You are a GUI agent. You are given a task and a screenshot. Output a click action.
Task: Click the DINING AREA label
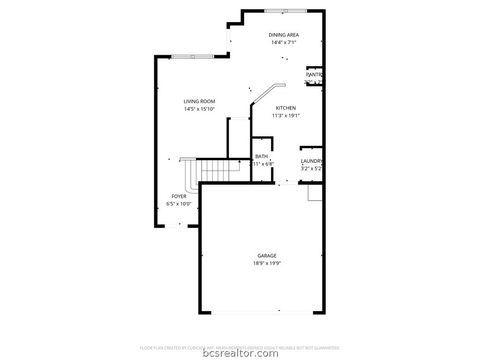point(285,35)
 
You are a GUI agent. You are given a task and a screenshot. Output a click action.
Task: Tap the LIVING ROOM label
point(199,101)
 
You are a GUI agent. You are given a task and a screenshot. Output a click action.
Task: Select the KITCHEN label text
point(285,108)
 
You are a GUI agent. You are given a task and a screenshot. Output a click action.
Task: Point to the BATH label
point(261,156)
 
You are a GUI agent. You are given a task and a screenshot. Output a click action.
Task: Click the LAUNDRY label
point(311,161)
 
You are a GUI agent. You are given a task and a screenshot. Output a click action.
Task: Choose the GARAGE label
point(266,257)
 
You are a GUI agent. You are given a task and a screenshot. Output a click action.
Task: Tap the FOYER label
point(179,196)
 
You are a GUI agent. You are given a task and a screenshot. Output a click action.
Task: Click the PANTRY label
point(314,74)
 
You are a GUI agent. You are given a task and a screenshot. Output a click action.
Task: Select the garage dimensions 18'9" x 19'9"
point(266,265)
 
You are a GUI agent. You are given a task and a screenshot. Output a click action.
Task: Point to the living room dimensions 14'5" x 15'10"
point(199,109)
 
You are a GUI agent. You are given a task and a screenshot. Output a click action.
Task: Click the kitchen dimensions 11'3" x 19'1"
point(286,116)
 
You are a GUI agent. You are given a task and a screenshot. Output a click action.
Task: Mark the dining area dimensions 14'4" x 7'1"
point(285,43)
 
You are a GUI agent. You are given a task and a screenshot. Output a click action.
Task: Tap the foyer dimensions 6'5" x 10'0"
point(179,204)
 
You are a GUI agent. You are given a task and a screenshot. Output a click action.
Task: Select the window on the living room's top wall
point(190,55)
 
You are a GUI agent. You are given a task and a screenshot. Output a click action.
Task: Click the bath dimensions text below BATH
point(261,164)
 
